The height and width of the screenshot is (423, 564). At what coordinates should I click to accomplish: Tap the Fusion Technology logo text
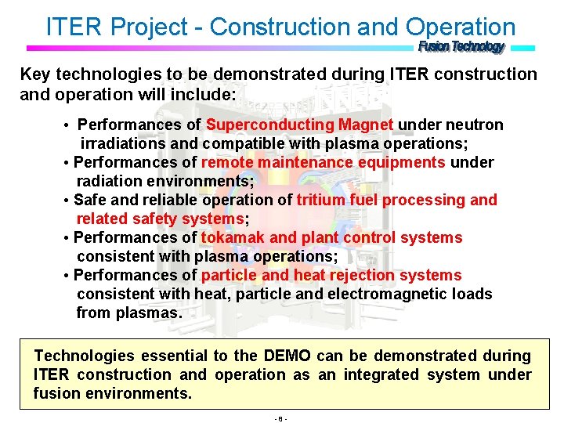click(461, 47)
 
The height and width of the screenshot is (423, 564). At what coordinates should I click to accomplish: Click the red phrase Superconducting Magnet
click(300, 125)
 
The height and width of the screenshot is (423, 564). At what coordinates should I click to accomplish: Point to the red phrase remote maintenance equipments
click(324, 162)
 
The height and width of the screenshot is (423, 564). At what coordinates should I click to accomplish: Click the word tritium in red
click(321, 200)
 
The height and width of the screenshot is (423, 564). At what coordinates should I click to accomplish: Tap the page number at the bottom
click(281, 418)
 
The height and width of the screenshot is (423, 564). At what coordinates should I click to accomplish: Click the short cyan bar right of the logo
click(522, 48)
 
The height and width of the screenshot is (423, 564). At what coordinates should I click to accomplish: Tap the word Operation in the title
click(461, 27)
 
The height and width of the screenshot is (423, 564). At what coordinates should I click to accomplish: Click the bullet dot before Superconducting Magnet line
click(68, 126)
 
